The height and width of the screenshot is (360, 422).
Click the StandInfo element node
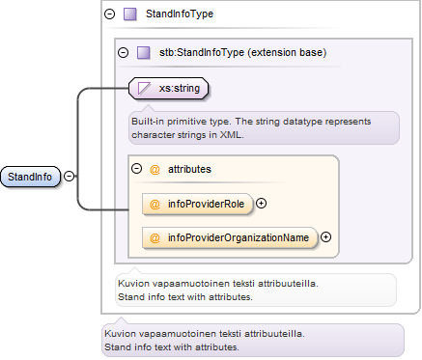click(30, 177)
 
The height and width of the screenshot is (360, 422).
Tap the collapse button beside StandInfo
click(69, 176)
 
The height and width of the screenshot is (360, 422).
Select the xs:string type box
click(168, 88)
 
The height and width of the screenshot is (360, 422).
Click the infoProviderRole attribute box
click(197, 204)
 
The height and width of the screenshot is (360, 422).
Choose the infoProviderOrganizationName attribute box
click(230, 237)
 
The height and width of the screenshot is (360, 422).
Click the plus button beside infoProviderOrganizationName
click(326, 237)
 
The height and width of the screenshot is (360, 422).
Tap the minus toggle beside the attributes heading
click(137, 169)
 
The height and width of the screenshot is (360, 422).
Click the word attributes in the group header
click(189, 169)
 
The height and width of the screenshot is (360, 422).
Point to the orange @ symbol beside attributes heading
click(155, 169)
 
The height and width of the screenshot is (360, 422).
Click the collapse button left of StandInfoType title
click(110, 14)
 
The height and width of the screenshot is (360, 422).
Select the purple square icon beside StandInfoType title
click(130, 14)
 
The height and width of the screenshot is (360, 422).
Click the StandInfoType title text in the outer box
click(180, 14)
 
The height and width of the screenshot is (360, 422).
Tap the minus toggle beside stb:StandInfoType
click(123, 52)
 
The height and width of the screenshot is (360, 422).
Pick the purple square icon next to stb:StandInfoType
click(144, 52)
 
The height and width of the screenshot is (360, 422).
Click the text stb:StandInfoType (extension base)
click(242, 52)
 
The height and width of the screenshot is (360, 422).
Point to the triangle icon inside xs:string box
click(144, 88)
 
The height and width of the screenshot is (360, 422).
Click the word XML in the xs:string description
click(231, 134)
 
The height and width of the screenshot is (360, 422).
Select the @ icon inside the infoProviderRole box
click(155, 204)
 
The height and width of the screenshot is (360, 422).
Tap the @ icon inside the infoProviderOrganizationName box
click(155, 237)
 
